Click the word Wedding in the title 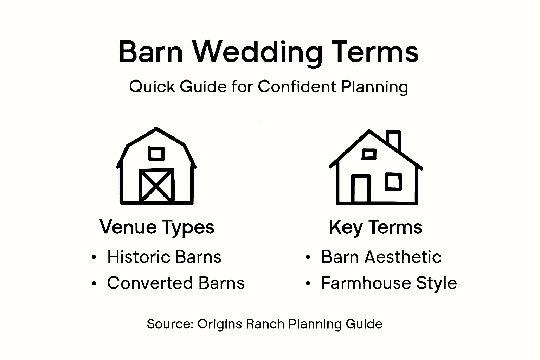coord(258,53)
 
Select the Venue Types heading coord(157,227)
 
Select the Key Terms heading coord(375,227)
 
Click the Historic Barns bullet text coord(164,257)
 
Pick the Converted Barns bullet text coord(176,283)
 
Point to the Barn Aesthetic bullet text coord(381,257)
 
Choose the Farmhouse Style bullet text coord(389,283)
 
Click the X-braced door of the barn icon coord(156,185)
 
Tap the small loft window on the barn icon coord(156,154)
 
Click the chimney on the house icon coord(393,141)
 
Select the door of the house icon coord(361,189)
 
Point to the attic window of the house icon coord(369,154)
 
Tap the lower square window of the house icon coord(393,182)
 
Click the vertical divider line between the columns coord(269,209)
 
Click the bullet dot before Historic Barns coord(94,257)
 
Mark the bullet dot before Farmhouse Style coord(308,283)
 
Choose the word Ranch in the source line coord(265,324)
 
